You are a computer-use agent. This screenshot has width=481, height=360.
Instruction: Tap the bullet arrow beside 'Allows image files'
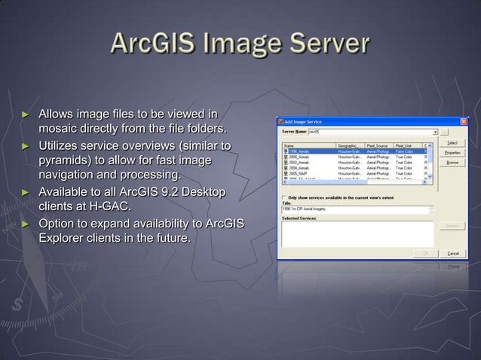tap(25, 114)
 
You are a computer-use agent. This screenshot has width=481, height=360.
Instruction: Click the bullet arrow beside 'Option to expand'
tap(25, 224)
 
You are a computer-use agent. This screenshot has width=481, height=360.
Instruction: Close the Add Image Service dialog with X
tap(464, 121)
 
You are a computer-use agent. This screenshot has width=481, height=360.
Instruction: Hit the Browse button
tap(452, 162)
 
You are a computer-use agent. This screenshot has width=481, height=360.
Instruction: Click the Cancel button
tap(452, 253)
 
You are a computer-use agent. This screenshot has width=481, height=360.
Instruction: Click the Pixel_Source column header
tap(379, 145)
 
